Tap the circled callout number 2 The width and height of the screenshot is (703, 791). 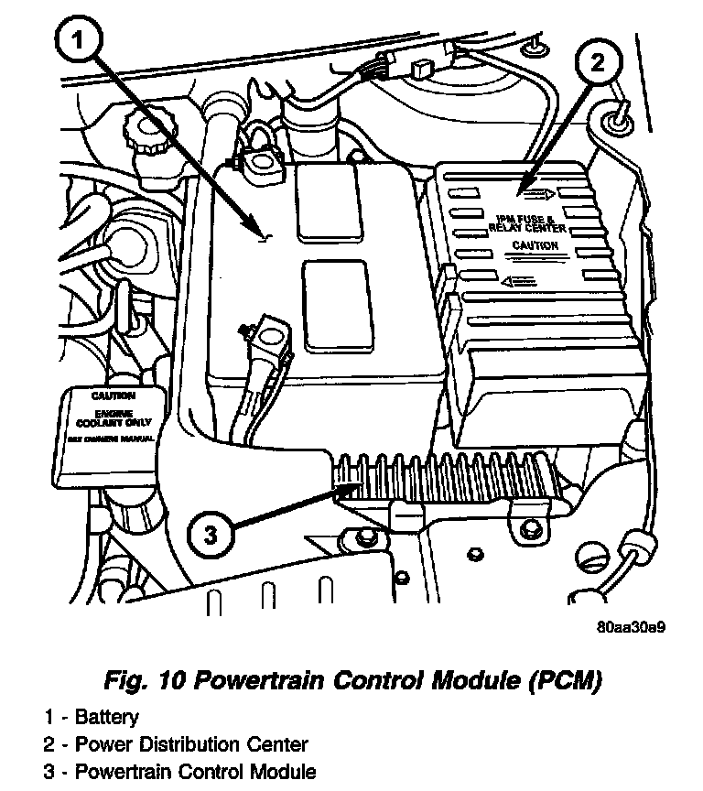pos(596,63)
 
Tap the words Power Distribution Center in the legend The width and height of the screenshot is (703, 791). pos(191,744)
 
